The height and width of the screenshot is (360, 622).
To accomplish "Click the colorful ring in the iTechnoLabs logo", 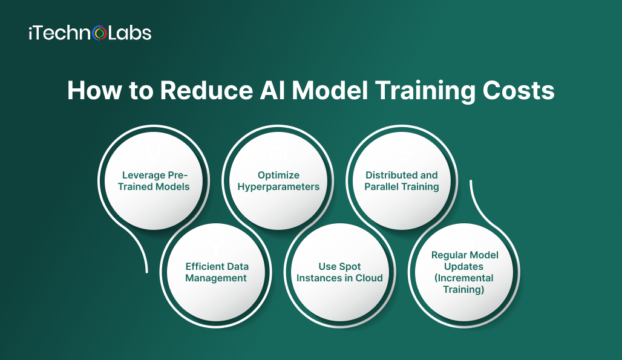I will coord(100,33).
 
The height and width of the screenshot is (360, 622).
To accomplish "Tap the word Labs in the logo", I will coord(129,33).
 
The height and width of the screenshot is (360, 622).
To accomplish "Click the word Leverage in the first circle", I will coord(144,175).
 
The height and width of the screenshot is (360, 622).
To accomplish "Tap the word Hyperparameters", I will coord(278,186).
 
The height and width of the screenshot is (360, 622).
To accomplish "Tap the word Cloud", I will coord(368,278).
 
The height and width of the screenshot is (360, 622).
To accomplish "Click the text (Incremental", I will coord(465,278).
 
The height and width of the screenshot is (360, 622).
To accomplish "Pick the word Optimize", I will coord(278,175).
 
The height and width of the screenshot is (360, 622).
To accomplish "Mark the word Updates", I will coord(465,266).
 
